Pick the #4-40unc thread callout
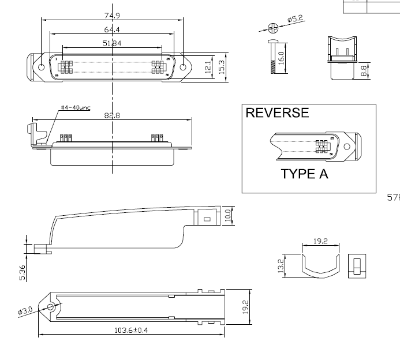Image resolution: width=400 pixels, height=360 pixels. point(76,108)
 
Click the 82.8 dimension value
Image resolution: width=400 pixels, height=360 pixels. point(112,115)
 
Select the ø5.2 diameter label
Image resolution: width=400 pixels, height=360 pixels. point(295,19)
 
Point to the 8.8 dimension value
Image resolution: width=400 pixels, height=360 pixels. point(364,72)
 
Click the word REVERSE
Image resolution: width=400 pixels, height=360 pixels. point(277,113)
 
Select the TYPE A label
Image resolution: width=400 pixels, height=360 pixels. point(304,174)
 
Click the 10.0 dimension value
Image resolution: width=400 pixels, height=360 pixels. point(228,216)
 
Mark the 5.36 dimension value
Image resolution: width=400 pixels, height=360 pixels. point(22,272)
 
